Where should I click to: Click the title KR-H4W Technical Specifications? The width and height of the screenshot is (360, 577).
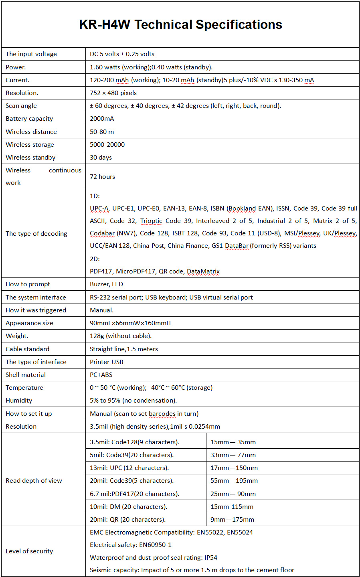click(x=180, y=25)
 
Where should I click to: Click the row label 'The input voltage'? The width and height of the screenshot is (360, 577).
click(x=31, y=54)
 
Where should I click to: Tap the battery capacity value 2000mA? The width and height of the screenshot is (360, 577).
click(x=102, y=119)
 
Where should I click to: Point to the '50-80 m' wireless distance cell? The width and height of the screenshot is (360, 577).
click(x=102, y=132)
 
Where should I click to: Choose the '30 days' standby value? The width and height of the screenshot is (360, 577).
click(x=101, y=158)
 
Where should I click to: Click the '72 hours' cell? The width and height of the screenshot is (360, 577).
click(x=102, y=177)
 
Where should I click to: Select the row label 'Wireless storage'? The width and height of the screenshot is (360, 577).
click(x=30, y=145)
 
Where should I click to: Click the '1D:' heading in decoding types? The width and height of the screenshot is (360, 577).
click(x=95, y=196)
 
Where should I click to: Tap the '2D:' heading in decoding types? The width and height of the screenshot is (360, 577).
click(x=95, y=259)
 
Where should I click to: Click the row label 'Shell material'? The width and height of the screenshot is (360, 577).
click(x=26, y=375)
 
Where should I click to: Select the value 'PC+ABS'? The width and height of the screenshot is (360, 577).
click(x=101, y=375)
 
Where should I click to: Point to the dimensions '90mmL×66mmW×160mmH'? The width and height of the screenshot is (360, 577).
click(x=130, y=323)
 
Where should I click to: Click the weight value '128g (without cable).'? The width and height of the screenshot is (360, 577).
click(x=121, y=336)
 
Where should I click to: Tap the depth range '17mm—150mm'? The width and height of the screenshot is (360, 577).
click(x=234, y=468)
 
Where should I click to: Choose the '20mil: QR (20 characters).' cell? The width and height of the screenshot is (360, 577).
click(x=127, y=520)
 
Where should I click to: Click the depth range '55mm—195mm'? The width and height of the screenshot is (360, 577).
click(x=234, y=481)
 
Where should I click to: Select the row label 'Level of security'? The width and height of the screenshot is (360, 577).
click(x=29, y=551)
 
